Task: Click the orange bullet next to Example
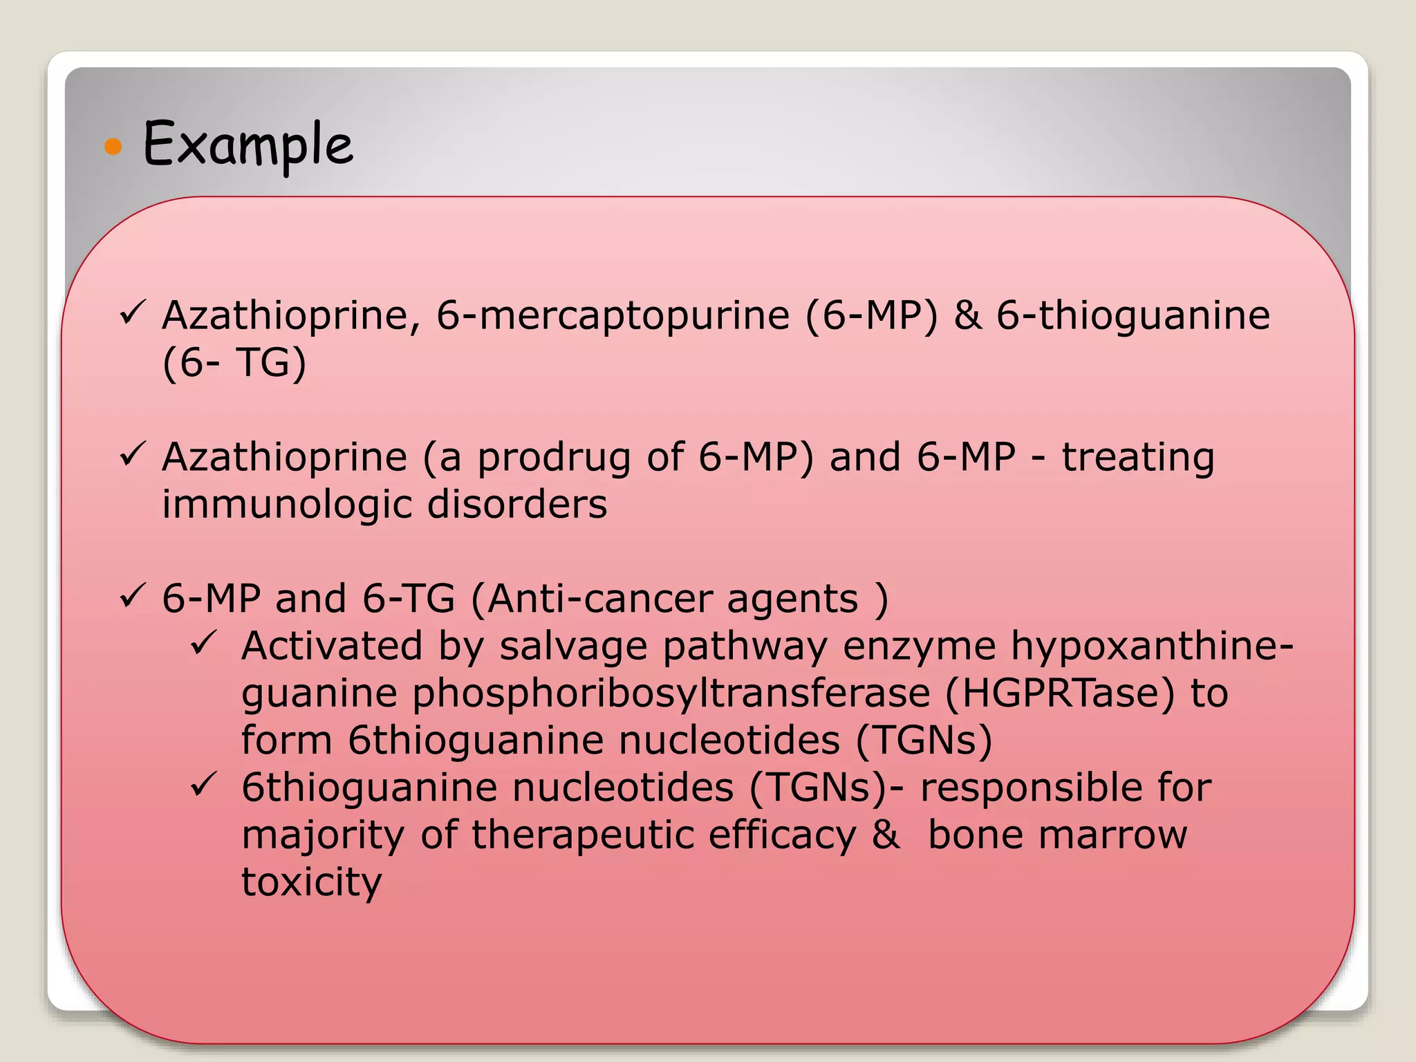[x=113, y=146]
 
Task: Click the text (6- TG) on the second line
[x=234, y=362]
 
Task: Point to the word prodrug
[x=554, y=457]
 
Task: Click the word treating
[x=1137, y=457]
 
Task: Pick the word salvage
[x=573, y=646]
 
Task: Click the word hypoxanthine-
[x=1152, y=646]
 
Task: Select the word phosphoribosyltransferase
[x=671, y=693]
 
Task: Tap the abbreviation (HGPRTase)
[x=1059, y=693]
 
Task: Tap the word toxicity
[x=311, y=882]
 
